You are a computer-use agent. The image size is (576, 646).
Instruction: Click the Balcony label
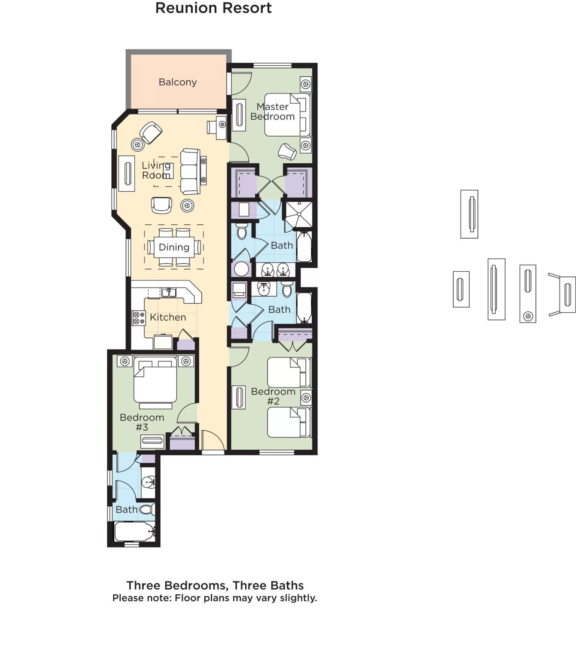tap(177, 82)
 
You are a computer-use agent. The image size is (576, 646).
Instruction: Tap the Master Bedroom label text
tap(273, 112)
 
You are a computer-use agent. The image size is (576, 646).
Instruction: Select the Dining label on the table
tap(174, 247)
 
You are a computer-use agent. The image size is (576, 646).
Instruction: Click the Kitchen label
tap(168, 317)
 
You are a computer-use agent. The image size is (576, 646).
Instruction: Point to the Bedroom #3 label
tap(142, 422)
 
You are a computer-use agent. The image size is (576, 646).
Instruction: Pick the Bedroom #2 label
tap(273, 396)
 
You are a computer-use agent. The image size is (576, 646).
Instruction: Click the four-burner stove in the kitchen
tap(139, 318)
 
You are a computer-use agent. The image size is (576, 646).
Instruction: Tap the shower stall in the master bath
tap(299, 214)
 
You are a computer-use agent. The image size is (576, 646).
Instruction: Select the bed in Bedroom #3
tap(155, 383)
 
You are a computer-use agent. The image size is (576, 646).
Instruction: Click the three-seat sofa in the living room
tap(190, 171)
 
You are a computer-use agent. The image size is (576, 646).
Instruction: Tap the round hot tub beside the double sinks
tap(241, 269)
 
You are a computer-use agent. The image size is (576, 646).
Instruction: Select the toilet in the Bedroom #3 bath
tap(148, 509)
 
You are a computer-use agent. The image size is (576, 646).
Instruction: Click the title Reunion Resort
tap(213, 8)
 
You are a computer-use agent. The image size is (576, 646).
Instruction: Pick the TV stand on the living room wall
tap(127, 173)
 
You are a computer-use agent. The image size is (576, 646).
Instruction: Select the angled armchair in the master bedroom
tap(287, 151)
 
